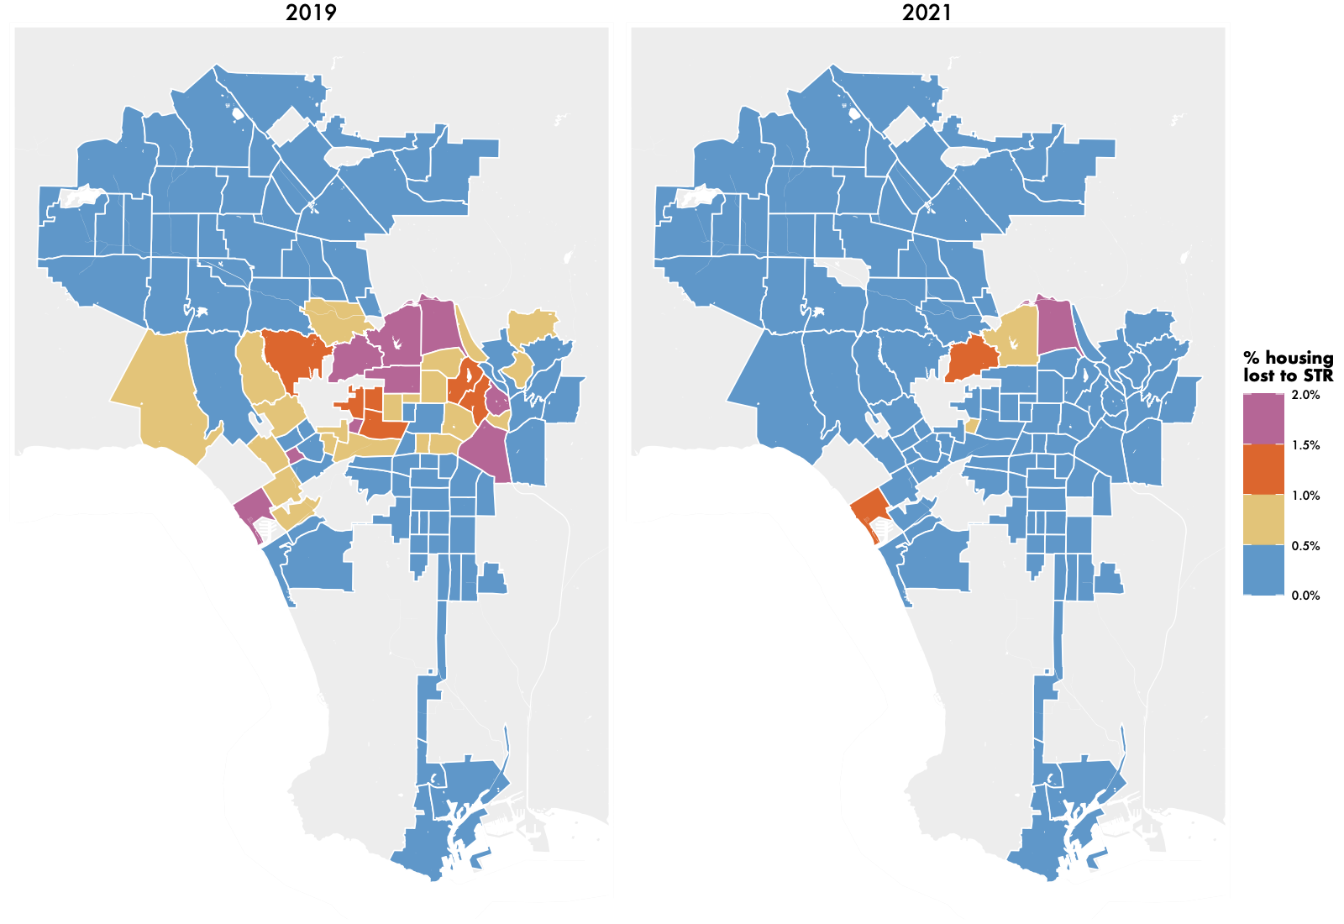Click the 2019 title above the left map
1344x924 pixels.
click(311, 13)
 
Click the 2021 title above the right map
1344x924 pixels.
click(927, 13)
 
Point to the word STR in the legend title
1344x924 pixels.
click(1318, 376)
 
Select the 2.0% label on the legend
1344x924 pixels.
click(1305, 395)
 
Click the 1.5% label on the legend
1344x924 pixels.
click(1305, 445)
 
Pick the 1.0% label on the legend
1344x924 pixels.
click(1305, 496)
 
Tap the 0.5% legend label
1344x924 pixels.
click(1305, 546)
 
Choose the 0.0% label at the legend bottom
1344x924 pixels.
click(1305, 596)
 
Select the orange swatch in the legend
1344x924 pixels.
click(1264, 470)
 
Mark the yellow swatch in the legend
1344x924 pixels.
click(1264, 520)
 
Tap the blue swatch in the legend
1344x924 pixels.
click(1264, 570)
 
